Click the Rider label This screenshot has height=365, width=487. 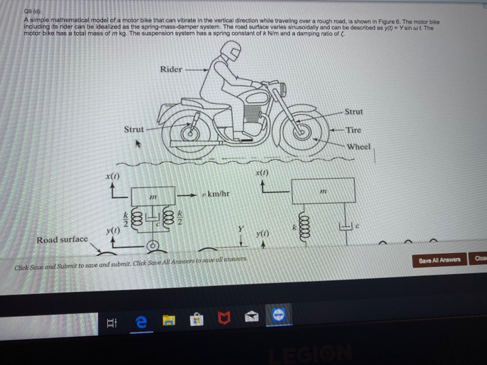click(x=171, y=69)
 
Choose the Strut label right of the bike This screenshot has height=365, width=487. click(x=353, y=111)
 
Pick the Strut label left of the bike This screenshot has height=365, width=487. click(x=134, y=129)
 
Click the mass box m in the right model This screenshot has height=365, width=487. click(x=323, y=190)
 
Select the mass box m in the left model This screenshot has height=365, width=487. click(x=154, y=199)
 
